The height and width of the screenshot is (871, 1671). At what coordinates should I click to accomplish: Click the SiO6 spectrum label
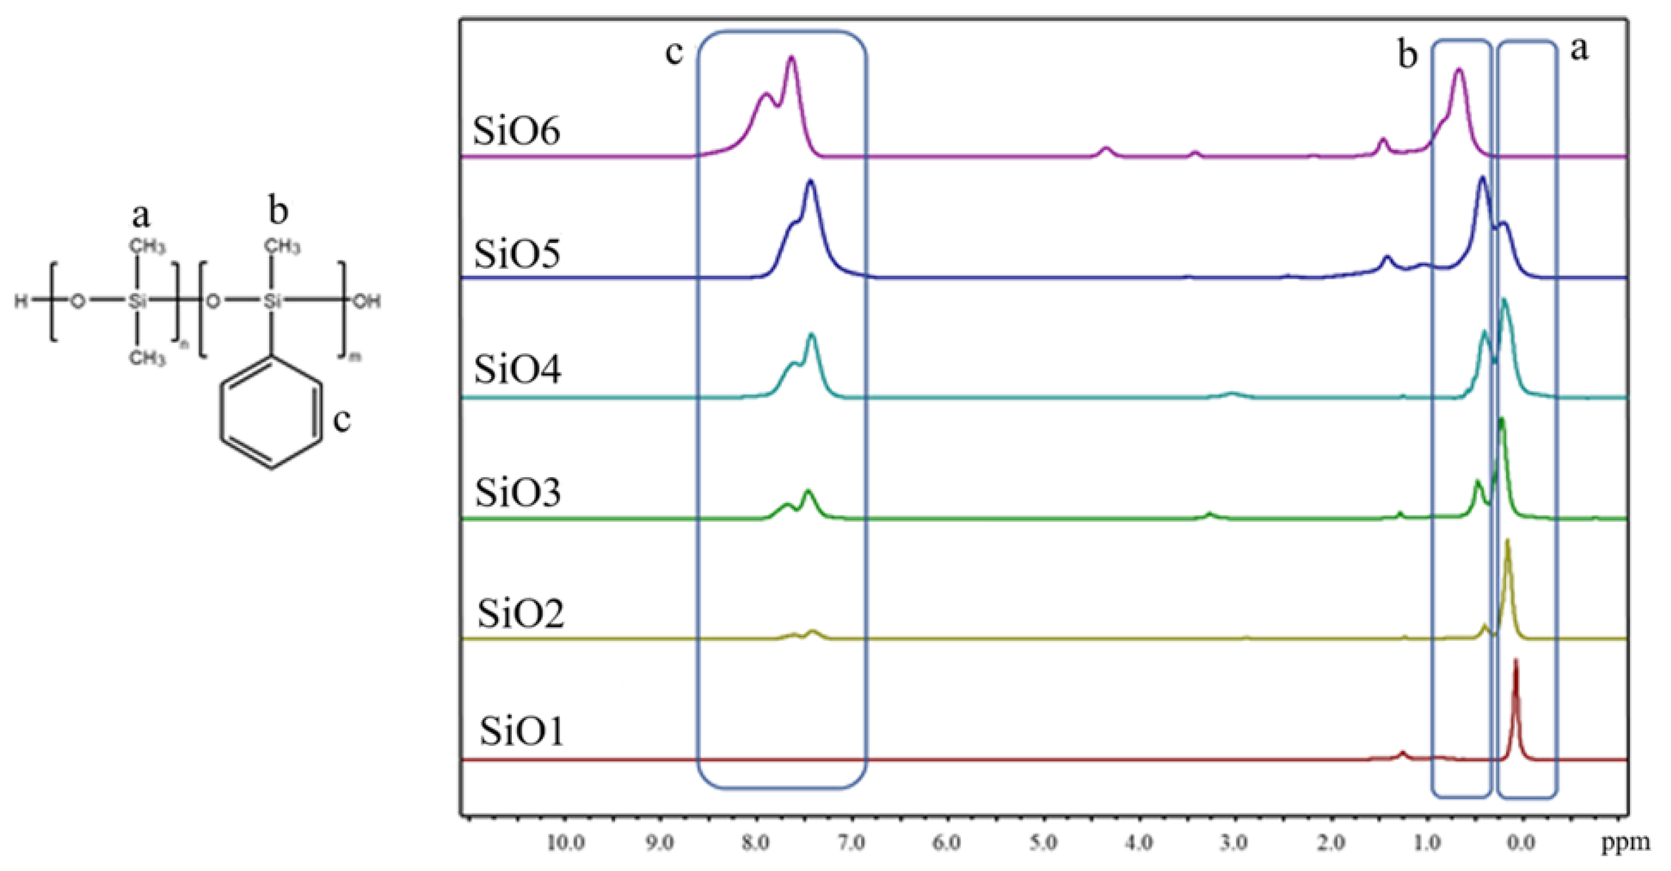tap(516, 131)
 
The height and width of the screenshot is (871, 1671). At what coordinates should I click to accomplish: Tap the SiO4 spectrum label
tap(517, 370)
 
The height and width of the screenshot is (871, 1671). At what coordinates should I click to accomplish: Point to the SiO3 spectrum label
tap(517, 492)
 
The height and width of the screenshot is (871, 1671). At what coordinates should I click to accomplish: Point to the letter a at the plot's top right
tap(1580, 49)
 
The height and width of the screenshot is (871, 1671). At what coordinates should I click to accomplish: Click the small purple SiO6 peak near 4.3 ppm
tap(1107, 150)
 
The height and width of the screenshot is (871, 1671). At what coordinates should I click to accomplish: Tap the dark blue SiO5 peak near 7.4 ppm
tap(810, 183)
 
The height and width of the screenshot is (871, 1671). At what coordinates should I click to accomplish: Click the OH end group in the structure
tap(366, 301)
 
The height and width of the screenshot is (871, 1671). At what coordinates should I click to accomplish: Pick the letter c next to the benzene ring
tap(342, 420)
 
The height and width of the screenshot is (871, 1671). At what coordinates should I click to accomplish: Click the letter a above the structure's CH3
tap(141, 215)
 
